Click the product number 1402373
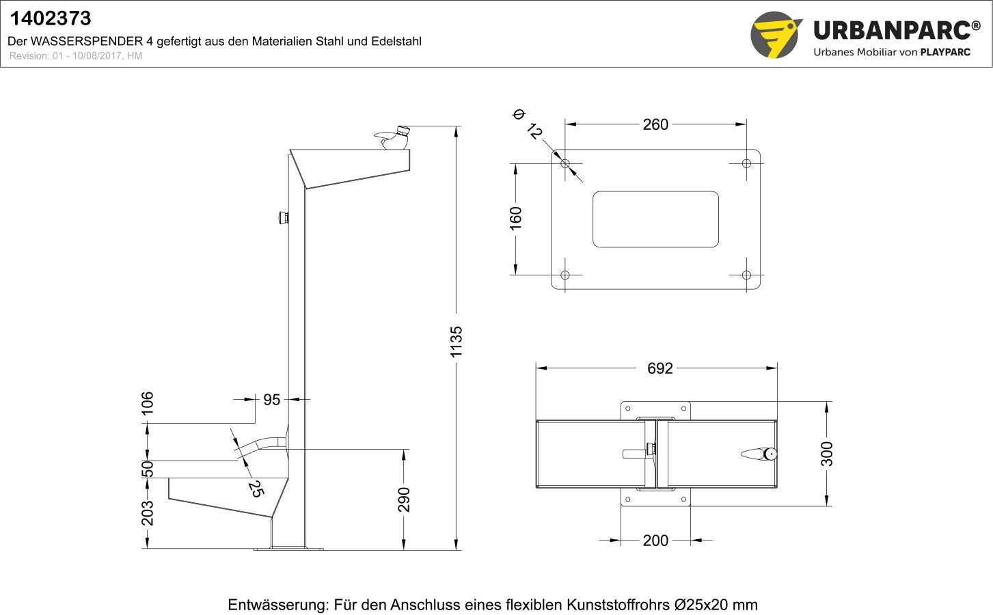pyautogui.click(x=50, y=18)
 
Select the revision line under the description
pyautogui.click(x=76, y=56)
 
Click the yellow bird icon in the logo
pyautogui.click(x=776, y=35)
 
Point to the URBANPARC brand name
pyautogui.click(x=891, y=31)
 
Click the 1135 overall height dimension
pyautogui.click(x=457, y=341)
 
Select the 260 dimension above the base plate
pyautogui.click(x=655, y=124)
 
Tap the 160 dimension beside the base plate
pyautogui.click(x=516, y=218)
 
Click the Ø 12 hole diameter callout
pyautogui.click(x=528, y=124)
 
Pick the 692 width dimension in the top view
pyautogui.click(x=659, y=368)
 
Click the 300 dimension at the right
pyautogui.click(x=827, y=454)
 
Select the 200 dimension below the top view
pyautogui.click(x=655, y=541)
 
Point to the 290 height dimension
pyautogui.click(x=404, y=499)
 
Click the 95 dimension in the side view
pyautogui.click(x=271, y=400)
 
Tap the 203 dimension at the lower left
pyautogui.click(x=148, y=513)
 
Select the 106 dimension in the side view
pyautogui.click(x=148, y=402)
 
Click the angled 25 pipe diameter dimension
pyautogui.click(x=255, y=488)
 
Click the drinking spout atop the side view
pyautogui.click(x=392, y=137)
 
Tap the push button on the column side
pyautogui.click(x=282, y=218)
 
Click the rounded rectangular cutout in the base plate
pyautogui.click(x=655, y=219)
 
